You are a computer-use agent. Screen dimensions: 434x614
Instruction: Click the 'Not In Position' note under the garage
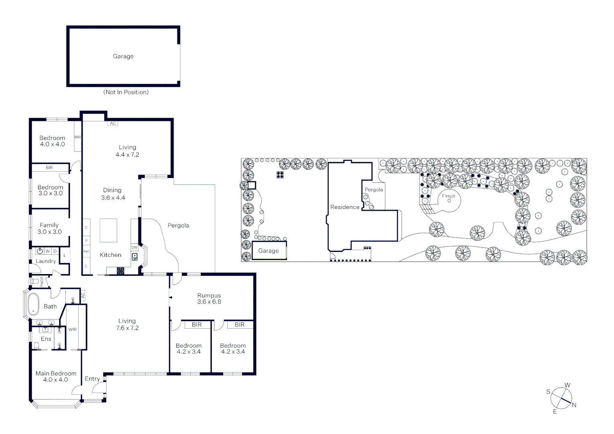pyautogui.click(x=126, y=92)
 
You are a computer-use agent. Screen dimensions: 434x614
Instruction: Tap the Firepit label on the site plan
pyautogui.click(x=448, y=196)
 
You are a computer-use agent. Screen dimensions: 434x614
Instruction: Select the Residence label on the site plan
pyautogui.click(x=344, y=207)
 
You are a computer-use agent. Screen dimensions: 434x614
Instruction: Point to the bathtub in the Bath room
pyautogui.click(x=33, y=304)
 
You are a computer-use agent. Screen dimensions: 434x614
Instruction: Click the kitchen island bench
pyautogui.click(x=108, y=230)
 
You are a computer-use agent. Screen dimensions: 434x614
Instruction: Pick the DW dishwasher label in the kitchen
pyautogui.click(x=134, y=248)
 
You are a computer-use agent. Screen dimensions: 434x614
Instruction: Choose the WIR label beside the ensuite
pyautogui.click(x=72, y=330)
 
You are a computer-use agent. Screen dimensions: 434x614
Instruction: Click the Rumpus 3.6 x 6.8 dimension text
pyautogui.click(x=209, y=302)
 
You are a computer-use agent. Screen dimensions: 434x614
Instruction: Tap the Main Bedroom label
pyautogui.click(x=55, y=373)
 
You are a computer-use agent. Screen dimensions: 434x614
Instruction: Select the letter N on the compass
pyautogui.click(x=574, y=405)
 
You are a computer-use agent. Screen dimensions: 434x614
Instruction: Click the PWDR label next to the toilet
pyautogui.click(x=42, y=281)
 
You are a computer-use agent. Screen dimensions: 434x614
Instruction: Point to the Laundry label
pyautogui.click(x=46, y=261)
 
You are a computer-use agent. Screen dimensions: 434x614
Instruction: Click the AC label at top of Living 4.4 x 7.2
pyautogui.click(x=113, y=123)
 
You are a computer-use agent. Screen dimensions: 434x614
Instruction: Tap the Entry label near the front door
pyautogui.click(x=92, y=379)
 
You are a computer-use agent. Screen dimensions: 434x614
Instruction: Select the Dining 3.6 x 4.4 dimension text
pyautogui.click(x=113, y=198)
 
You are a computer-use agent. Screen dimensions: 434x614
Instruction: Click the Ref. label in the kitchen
pyautogui.click(x=86, y=251)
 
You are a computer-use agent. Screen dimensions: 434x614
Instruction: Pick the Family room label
pyautogui.click(x=49, y=225)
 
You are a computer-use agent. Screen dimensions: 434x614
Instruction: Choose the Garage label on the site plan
pyautogui.click(x=268, y=251)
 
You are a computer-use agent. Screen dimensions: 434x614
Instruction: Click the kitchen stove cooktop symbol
pyautogui.click(x=121, y=271)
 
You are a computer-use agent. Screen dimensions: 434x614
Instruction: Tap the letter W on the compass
pyautogui.click(x=567, y=385)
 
